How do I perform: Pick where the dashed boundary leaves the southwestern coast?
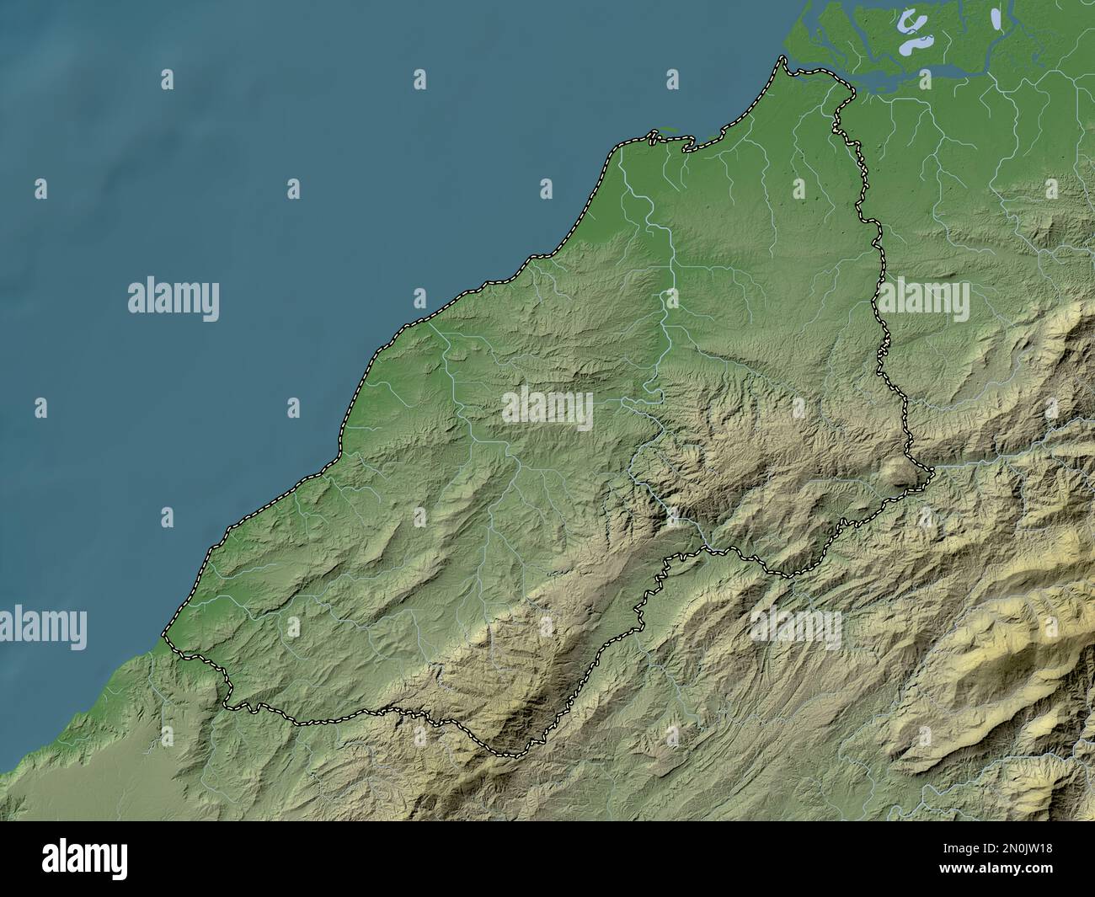coord(165,633)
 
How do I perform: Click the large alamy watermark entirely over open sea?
coord(174,300)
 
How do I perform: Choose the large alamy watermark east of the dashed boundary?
coord(924,300)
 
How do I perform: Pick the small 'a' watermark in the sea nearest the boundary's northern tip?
coord(672,79)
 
